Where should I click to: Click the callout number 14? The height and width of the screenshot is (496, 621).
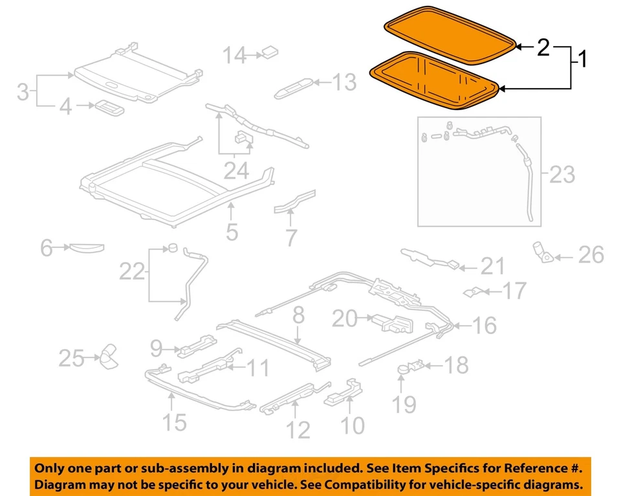pyautogui.click(x=235, y=56)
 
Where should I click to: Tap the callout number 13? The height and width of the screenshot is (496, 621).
pyautogui.click(x=343, y=82)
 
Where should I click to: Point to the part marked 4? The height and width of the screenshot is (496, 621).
pyautogui.click(x=105, y=107)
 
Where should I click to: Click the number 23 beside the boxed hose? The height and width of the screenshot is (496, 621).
pyautogui.click(x=561, y=174)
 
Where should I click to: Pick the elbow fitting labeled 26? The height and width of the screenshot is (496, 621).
pyautogui.click(x=541, y=252)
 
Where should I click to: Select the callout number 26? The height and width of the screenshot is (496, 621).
pyautogui.click(x=590, y=255)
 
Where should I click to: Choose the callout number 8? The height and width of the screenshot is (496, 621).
pyautogui.click(x=298, y=317)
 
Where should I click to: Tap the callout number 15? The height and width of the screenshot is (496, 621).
pyautogui.click(x=173, y=423)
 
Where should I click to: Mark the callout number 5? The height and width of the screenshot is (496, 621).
pyautogui.click(x=232, y=231)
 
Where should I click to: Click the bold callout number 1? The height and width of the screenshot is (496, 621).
pyautogui.click(x=582, y=60)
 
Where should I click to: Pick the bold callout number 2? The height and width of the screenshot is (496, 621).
pyautogui.click(x=543, y=47)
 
